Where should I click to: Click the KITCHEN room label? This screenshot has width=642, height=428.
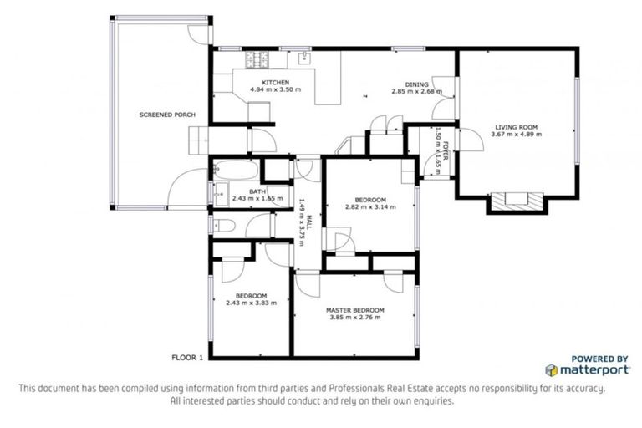click(x=275, y=82)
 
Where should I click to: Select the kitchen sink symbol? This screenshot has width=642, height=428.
click(x=304, y=58)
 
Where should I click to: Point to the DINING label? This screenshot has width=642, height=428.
click(x=418, y=84)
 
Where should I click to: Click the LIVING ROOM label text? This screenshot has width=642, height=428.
click(x=514, y=127)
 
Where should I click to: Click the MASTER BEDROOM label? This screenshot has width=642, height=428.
click(x=353, y=309)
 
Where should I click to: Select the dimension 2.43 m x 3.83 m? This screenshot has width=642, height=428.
click(x=251, y=303)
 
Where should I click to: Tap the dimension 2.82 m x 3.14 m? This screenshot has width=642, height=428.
click(x=369, y=206)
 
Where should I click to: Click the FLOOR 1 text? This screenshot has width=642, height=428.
click(x=187, y=357)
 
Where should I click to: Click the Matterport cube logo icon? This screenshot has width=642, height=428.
click(x=551, y=369)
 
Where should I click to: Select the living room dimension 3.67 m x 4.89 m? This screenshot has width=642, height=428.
click(x=514, y=135)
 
